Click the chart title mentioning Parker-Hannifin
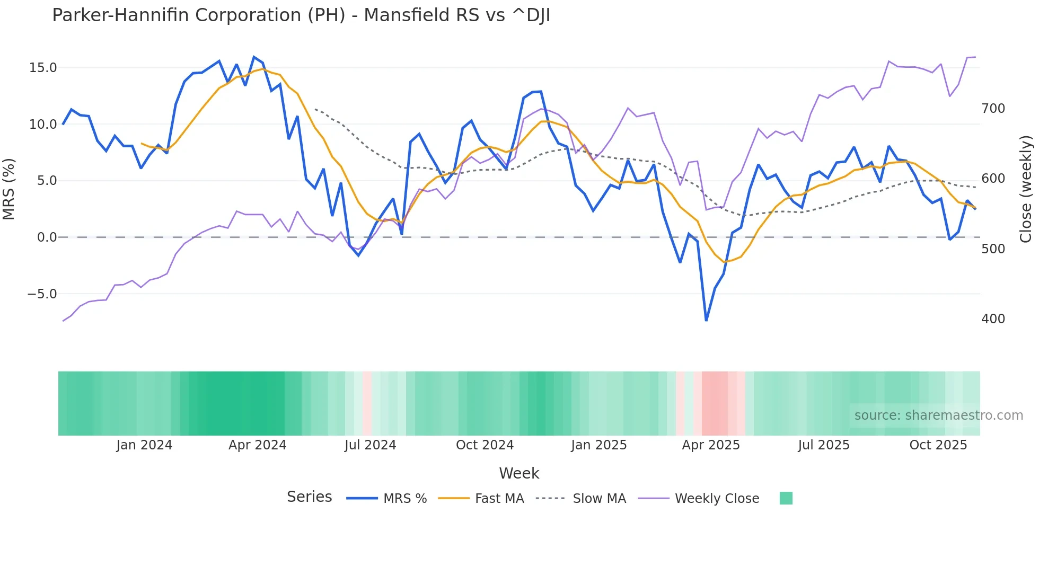click(301, 15)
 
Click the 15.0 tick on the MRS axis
click(43, 68)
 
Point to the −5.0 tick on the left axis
click(42, 294)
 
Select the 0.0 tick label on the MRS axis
click(47, 237)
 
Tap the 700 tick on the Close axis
click(993, 109)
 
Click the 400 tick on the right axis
click(993, 319)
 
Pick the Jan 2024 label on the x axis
click(144, 445)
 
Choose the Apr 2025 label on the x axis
click(710, 445)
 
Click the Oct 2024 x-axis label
click(485, 445)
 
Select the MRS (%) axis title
click(8, 189)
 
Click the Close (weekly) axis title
click(1026, 189)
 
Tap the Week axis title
click(519, 473)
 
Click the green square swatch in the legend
click(786, 498)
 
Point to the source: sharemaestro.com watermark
click(938, 415)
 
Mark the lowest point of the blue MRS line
click(706, 320)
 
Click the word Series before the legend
click(309, 497)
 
